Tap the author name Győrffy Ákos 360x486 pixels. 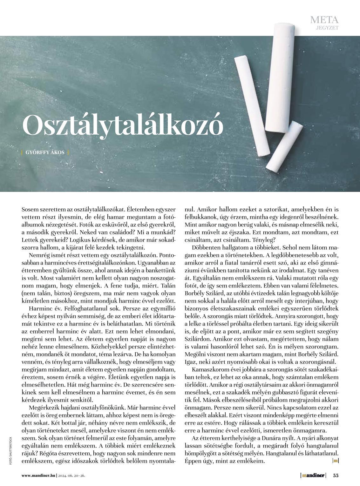[x=45, y=152]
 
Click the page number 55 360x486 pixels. [x=336, y=475]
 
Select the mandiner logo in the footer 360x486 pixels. [x=313, y=475]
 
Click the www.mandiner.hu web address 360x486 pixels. [x=38, y=476]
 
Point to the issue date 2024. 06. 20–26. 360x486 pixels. [x=71, y=476]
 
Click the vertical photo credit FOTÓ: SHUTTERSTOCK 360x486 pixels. [x=11, y=451]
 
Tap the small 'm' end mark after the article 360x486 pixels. [x=336, y=461]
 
